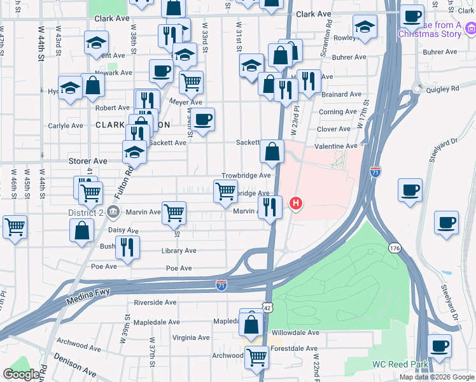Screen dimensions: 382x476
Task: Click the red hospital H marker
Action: tap(296, 204)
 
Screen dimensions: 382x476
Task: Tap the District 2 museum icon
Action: tap(113, 211)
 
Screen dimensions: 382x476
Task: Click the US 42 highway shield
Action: tap(268, 308)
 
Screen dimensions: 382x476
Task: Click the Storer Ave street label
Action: tap(88, 161)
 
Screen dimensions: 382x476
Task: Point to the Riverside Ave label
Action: tap(155, 302)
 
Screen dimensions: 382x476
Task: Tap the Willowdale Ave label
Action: tap(295, 332)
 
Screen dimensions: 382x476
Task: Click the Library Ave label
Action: tap(179, 251)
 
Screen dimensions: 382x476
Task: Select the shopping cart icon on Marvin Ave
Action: tap(173, 213)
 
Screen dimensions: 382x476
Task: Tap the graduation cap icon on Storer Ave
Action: tap(134, 152)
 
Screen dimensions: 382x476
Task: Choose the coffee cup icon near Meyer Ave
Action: tap(203, 119)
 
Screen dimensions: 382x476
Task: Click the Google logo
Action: tap(22, 374)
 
